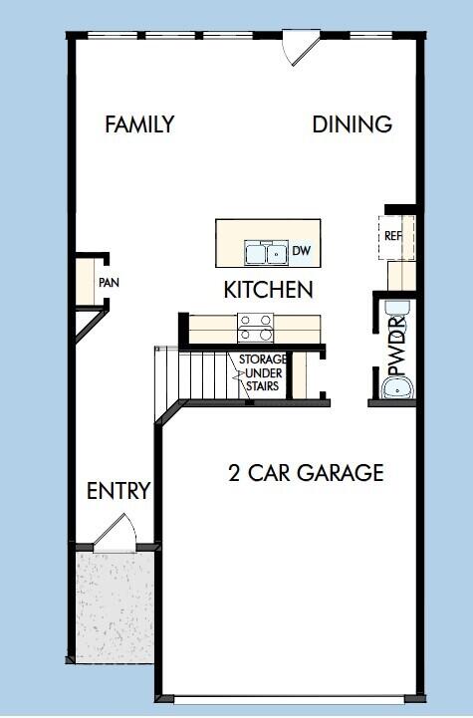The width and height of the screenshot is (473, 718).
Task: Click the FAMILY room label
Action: (x=139, y=124)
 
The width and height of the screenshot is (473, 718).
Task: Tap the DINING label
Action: (x=352, y=124)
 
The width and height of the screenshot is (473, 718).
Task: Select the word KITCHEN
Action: (x=268, y=290)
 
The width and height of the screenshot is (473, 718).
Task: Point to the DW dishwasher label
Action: (x=302, y=251)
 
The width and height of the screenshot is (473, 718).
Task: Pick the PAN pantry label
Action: (x=109, y=283)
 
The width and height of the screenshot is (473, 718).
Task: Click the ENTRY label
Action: (x=118, y=491)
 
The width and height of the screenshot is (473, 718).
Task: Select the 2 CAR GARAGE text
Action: (x=306, y=473)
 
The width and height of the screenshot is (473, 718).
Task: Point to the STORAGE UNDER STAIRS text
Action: (x=263, y=372)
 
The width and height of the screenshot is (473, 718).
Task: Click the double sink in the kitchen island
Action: (x=267, y=254)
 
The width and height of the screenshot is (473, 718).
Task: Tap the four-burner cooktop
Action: (x=256, y=322)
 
